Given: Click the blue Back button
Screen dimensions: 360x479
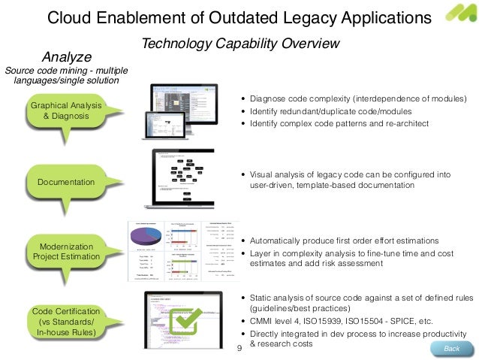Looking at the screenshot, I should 452,349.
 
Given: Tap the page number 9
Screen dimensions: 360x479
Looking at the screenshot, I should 239,349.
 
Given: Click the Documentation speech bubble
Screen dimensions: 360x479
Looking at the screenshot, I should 67,183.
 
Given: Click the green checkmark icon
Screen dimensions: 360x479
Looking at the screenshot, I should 182,320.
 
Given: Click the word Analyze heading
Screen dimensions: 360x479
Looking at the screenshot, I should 66,56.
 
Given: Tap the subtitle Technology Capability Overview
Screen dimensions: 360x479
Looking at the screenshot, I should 241,44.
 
